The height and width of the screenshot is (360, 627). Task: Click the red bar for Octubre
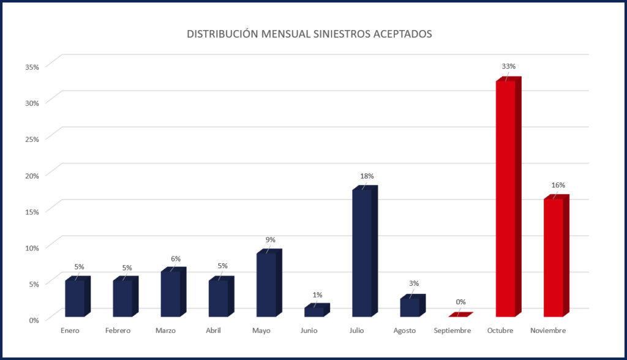coord(506,199)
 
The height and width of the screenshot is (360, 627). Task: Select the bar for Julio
coord(362,252)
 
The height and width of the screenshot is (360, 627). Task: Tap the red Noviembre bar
coord(553,257)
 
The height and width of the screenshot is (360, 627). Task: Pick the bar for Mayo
coord(266,284)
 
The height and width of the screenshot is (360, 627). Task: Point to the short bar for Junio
coord(314,312)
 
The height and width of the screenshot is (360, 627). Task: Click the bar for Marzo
coord(170,293)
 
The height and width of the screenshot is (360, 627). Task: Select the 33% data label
coord(509,66)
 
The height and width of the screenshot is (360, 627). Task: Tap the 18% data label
coord(367,176)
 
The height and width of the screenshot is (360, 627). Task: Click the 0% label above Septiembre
coord(460,301)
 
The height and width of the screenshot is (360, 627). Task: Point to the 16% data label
coord(558,185)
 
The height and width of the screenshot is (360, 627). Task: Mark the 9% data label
coord(271,239)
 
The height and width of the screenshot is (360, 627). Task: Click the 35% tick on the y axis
coord(32,66)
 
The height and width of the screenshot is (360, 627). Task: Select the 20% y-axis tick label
coord(32,174)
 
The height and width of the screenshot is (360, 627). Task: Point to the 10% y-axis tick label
coord(32,247)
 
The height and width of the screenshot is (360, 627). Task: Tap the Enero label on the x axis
coord(70,331)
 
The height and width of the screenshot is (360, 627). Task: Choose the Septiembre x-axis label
coord(452,331)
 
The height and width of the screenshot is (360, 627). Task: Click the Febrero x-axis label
coord(118,331)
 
